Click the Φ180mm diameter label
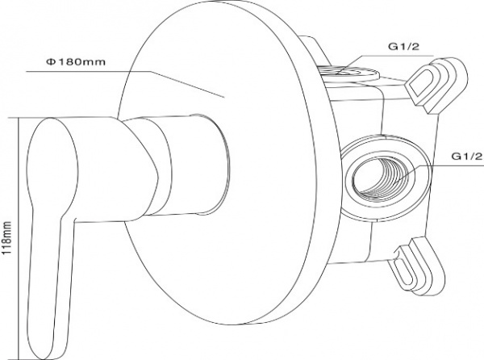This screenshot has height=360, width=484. pos(76,62)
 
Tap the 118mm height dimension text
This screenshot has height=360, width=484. pos(6,238)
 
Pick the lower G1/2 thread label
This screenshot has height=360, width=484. pos(467,157)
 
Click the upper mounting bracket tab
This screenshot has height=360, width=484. pos(436,84)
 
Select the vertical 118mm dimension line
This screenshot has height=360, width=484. pos(19,238)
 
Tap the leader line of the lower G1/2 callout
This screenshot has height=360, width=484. pos(439,174)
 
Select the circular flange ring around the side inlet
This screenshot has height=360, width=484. pos(385,178)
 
